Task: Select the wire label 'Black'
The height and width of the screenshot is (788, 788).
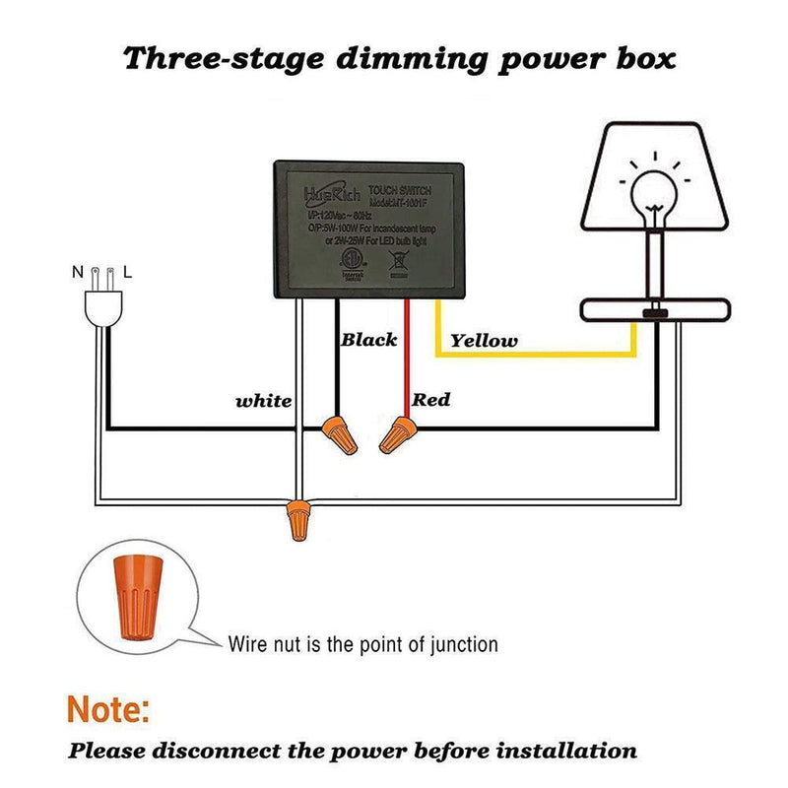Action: pyautogui.click(x=369, y=340)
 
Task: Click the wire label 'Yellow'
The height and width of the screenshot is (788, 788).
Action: pyautogui.click(x=484, y=341)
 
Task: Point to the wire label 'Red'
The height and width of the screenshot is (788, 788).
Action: pyautogui.click(x=431, y=399)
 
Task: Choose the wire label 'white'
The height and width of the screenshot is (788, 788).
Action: pyautogui.click(x=264, y=401)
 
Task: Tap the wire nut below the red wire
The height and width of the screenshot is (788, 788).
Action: pyautogui.click(x=398, y=432)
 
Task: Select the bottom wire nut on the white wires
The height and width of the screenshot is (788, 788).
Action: pyautogui.click(x=295, y=519)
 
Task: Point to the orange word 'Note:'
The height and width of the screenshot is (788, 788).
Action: pyautogui.click(x=108, y=708)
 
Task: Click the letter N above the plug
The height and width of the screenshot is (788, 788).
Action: pyautogui.click(x=76, y=269)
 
